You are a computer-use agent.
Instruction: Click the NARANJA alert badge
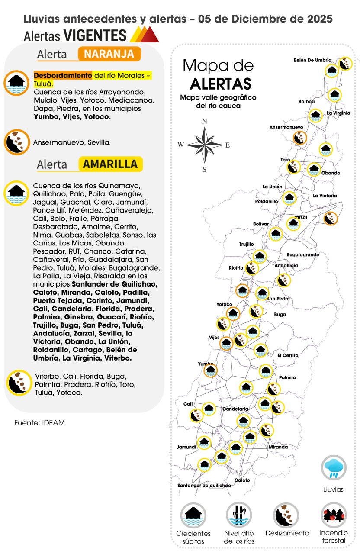click(x=109, y=54)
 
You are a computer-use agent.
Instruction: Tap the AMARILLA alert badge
click(x=110, y=164)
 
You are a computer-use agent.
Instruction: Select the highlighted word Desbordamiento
click(x=63, y=75)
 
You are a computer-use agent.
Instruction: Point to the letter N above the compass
click(x=205, y=122)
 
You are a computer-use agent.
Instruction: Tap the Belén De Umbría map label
click(x=312, y=60)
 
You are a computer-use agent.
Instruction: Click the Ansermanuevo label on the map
click(x=286, y=128)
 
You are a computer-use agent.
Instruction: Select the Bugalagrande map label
click(x=303, y=255)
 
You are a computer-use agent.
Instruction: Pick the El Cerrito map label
click(x=288, y=355)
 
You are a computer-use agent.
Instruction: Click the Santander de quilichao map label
click(x=204, y=486)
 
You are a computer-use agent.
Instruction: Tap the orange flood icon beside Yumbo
click(x=210, y=370)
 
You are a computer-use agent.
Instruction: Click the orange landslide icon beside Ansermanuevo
click(x=299, y=138)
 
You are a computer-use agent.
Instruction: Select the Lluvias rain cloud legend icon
click(x=334, y=467)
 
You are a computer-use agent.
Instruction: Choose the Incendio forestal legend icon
click(x=334, y=515)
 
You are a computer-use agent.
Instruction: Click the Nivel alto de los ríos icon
click(x=239, y=515)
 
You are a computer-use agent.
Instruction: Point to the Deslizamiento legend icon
click(x=286, y=515)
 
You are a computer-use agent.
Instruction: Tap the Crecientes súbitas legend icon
click(x=193, y=515)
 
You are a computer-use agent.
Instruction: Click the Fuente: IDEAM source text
click(x=39, y=423)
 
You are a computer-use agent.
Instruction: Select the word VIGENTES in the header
click(x=94, y=35)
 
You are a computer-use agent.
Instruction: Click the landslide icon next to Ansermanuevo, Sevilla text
click(x=17, y=142)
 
